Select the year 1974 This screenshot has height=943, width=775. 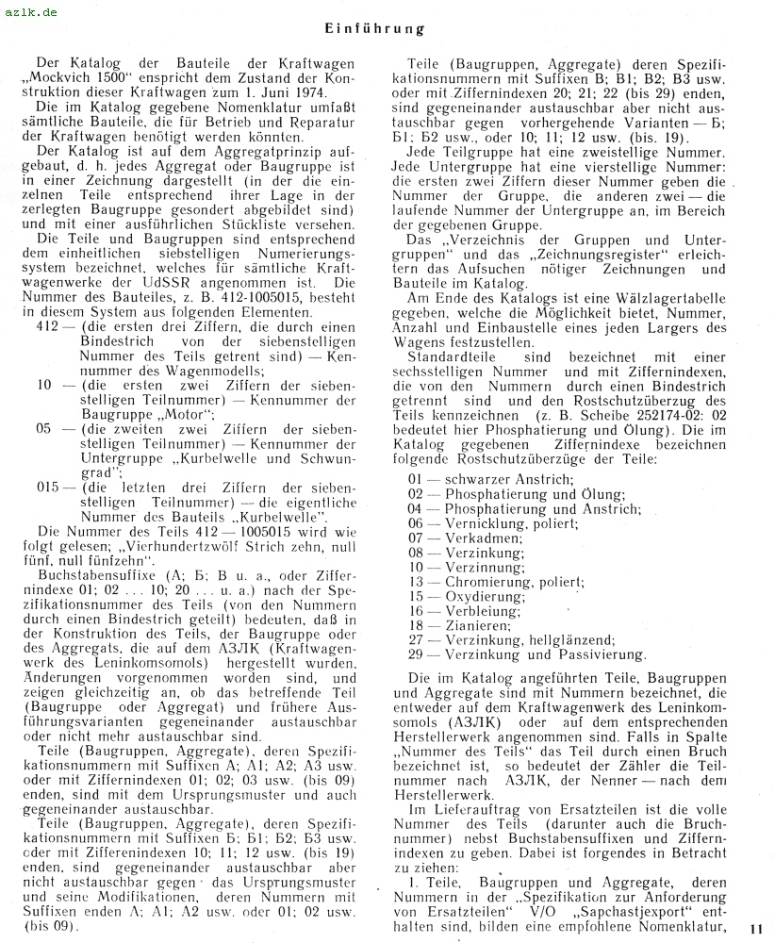pyautogui.click(x=307, y=93)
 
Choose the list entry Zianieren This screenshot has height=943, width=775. pyautogui.click(x=475, y=624)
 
